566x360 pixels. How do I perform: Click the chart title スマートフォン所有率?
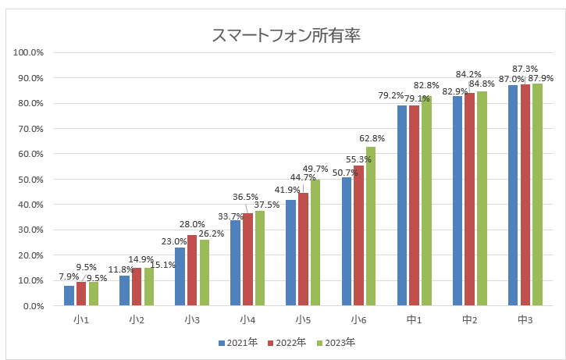point(286,36)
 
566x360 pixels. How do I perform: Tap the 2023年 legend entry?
point(333,342)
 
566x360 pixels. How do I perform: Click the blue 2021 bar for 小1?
point(69,296)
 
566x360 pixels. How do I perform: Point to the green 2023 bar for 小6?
point(371,226)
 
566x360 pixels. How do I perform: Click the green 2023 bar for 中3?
point(537,194)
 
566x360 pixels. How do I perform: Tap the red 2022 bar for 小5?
point(303,249)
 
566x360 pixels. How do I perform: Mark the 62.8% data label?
point(371,139)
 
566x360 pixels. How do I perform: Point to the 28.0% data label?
point(192,224)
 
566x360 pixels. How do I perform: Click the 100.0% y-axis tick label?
point(28,52)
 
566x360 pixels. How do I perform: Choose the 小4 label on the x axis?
point(247,319)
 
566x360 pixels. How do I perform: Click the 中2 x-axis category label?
point(470,319)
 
